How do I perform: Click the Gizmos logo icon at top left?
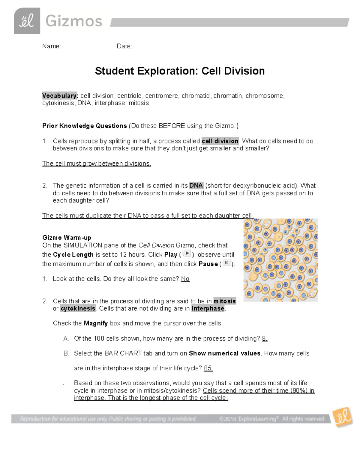(27, 21)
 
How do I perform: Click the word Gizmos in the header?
(74, 22)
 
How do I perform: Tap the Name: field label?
(52, 46)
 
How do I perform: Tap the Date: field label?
(124, 46)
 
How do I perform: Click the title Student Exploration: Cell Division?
(180, 71)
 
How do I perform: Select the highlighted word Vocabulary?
(60, 96)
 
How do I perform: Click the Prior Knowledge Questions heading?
(85, 126)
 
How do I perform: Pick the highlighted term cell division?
(220, 141)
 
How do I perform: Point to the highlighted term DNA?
(196, 185)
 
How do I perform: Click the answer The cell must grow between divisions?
(97, 164)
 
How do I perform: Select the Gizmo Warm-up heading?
(67, 238)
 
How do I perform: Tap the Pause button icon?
(226, 263)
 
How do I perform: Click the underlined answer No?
(185, 279)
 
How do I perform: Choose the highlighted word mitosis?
(224, 301)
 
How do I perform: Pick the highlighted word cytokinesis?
(78, 308)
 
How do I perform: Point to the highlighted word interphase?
(208, 308)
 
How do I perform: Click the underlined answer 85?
(208, 368)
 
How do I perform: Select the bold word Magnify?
(96, 323)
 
